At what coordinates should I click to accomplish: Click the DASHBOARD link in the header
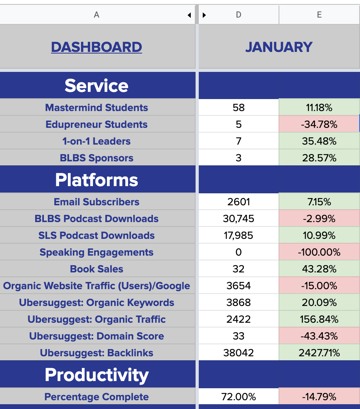(x=97, y=47)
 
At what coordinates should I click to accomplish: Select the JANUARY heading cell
(x=279, y=47)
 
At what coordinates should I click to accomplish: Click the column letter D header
(x=238, y=15)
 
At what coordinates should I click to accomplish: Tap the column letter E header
(x=319, y=15)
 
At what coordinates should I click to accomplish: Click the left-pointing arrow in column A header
(x=189, y=15)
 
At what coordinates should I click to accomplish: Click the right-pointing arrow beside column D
(x=204, y=15)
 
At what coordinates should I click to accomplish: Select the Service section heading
(x=97, y=85)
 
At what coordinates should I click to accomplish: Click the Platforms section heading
(x=97, y=180)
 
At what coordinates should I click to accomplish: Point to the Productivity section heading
(x=97, y=375)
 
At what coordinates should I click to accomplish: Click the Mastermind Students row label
(x=97, y=108)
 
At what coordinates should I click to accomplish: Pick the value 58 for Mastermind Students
(x=238, y=108)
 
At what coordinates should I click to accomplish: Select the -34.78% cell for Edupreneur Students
(x=319, y=125)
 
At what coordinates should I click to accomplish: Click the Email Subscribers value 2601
(x=238, y=202)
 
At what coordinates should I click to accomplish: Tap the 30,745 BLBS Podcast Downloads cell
(x=238, y=219)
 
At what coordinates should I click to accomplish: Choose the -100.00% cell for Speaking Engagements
(x=319, y=252)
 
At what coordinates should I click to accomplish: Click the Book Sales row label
(x=97, y=269)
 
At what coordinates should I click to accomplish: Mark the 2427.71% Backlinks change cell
(x=319, y=353)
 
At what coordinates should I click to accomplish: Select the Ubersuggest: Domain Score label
(x=97, y=336)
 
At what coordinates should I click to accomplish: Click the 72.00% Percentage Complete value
(x=238, y=397)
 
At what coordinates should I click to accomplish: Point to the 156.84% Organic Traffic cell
(x=319, y=320)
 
